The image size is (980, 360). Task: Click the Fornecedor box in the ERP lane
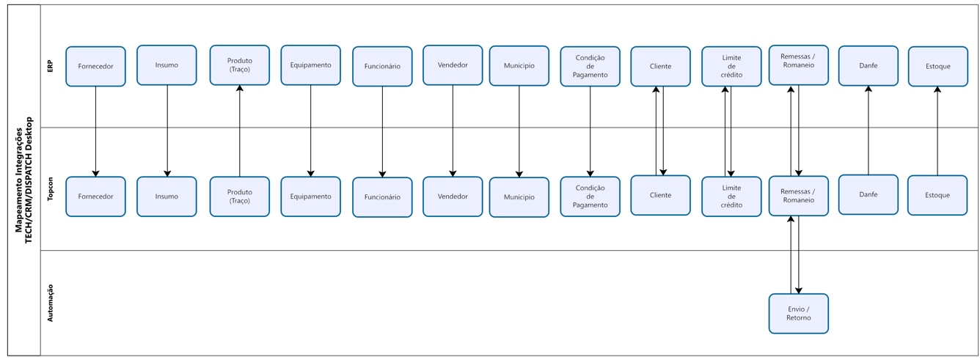click(95, 67)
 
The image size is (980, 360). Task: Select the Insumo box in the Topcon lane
click(167, 196)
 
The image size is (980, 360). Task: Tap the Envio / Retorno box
click(798, 314)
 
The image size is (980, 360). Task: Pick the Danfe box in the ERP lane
click(868, 66)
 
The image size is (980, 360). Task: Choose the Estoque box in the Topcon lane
click(937, 195)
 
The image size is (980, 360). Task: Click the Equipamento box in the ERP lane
click(310, 65)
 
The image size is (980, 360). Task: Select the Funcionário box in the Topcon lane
click(382, 197)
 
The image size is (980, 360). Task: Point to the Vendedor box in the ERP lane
click(453, 65)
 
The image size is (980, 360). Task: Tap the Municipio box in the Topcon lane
click(519, 197)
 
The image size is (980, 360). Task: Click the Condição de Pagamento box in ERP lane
click(590, 67)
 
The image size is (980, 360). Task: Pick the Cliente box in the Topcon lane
click(660, 195)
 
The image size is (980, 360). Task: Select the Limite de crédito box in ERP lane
click(731, 67)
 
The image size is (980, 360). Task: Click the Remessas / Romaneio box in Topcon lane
click(798, 196)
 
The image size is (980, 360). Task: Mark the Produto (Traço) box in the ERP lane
click(240, 65)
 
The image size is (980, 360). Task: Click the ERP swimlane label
click(50, 66)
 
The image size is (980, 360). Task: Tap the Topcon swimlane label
click(50, 189)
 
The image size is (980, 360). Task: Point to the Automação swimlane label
click(50, 303)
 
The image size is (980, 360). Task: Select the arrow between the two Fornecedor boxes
click(95, 132)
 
